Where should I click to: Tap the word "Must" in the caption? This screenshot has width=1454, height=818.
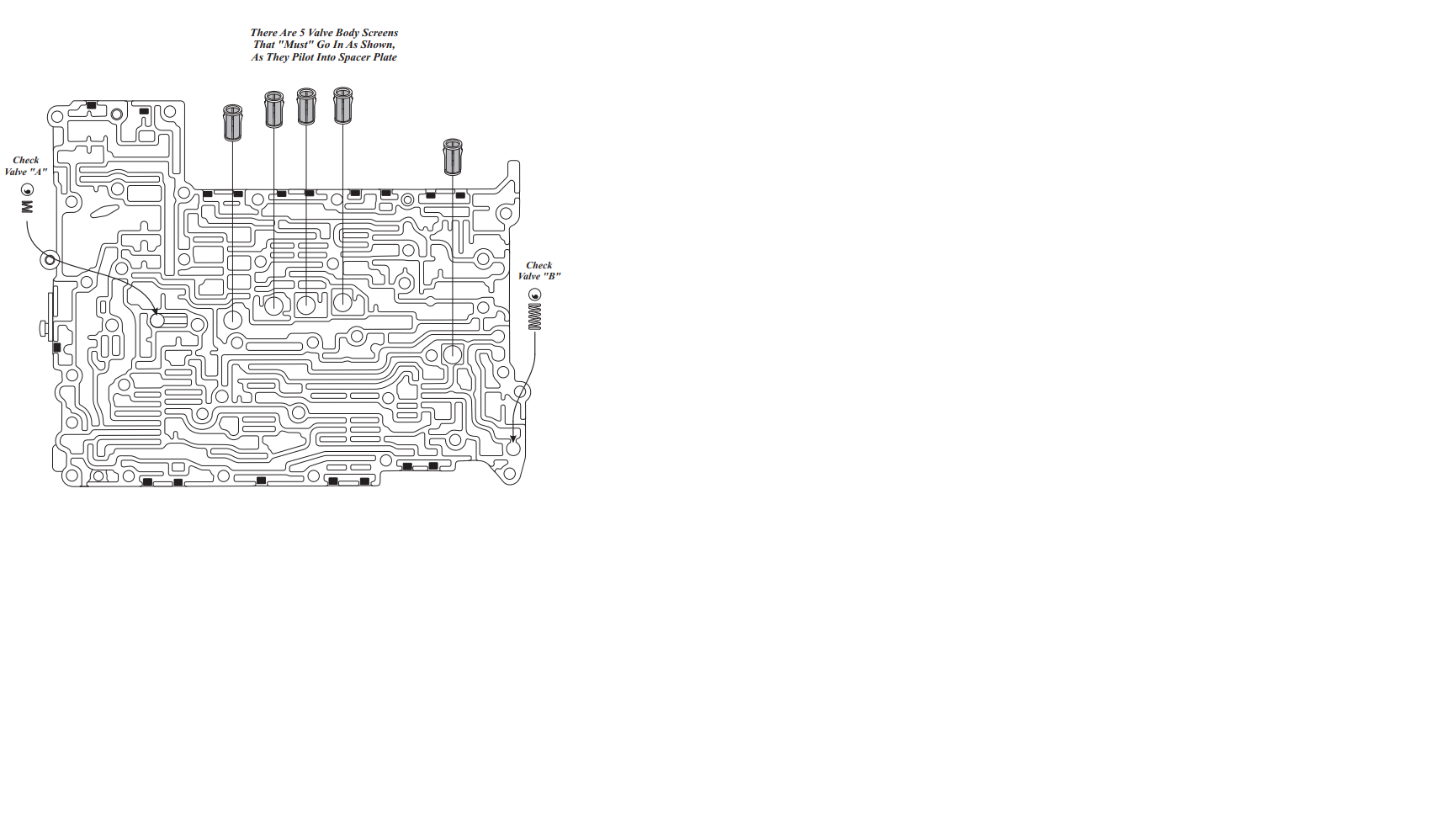pos(295,45)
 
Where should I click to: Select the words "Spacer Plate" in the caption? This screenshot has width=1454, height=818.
pos(368,57)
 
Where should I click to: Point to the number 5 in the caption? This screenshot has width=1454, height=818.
pos(302,33)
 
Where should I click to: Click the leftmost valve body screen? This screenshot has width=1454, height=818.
pos(232,123)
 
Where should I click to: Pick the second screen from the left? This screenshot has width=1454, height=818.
pos(273,109)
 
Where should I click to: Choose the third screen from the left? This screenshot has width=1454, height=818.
pos(306,106)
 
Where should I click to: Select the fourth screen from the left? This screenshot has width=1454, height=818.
pos(342,105)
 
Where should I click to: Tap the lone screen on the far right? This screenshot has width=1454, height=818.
pos(453,157)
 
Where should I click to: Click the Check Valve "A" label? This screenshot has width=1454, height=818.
pos(26,166)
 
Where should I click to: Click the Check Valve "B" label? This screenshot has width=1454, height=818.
pos(539,270)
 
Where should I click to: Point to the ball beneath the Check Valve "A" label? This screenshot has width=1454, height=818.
pos(28,190)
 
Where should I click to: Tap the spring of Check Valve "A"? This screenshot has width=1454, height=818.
pos(28,205)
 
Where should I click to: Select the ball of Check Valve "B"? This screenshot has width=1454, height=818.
pos(534,295)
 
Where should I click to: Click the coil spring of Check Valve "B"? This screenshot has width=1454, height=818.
pos(534,316)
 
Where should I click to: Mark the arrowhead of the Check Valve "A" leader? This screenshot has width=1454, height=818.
pos(156,312)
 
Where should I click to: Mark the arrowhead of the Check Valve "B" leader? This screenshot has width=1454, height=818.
pos(513,439)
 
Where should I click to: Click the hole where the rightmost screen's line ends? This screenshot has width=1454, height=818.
pos(453,354)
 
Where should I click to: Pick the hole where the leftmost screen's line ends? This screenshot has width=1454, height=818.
pos(232,319)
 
